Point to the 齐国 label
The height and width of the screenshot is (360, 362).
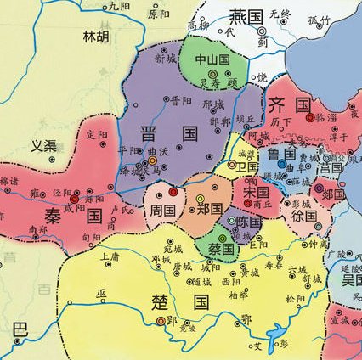tap(288, 104)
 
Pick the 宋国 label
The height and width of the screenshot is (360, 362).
tap(255, 194)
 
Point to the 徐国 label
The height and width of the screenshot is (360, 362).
tap(303, 216)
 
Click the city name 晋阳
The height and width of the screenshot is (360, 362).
tap(180, 100)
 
